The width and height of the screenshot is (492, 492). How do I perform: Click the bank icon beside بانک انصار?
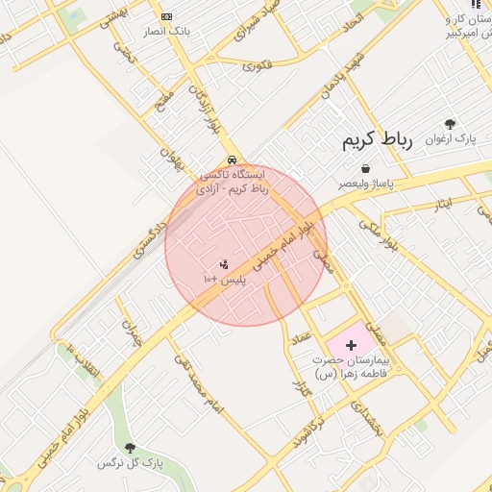point(167,16)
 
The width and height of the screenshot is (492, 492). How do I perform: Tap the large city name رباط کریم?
point(378,140)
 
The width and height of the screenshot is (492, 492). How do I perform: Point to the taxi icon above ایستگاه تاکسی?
point(232,160)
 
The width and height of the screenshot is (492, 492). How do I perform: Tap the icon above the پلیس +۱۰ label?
point(224,262)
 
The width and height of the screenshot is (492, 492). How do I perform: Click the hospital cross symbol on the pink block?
point(350,344)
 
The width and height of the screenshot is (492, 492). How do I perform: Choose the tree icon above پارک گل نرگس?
point(130,447)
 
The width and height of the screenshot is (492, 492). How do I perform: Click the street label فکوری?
point(257,66)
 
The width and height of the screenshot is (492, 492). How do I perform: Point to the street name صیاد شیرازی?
point(258,32)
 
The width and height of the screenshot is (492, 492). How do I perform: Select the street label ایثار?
point(442,204)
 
